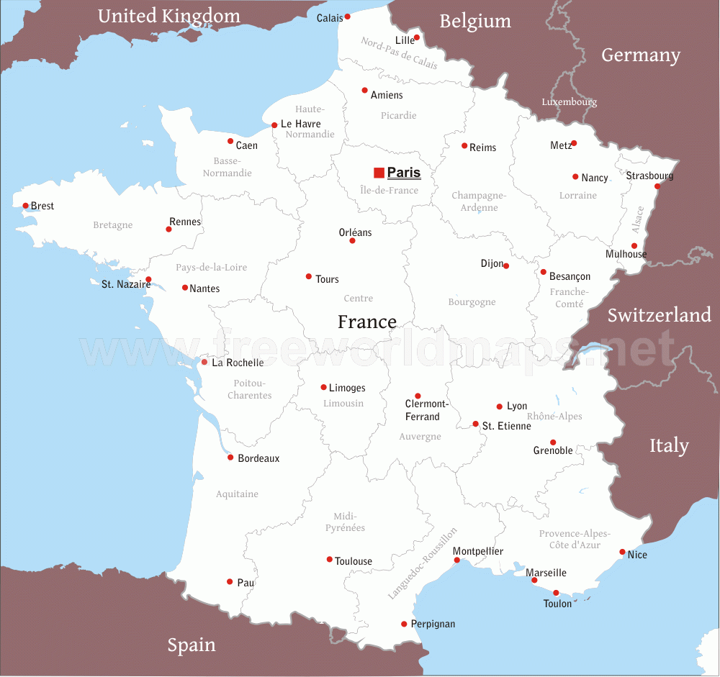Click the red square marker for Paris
pos(379,173)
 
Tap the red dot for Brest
pos(26,206)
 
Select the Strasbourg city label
pos(649,176)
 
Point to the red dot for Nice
pos(623,552)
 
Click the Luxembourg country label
pos(570,102)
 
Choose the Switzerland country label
pos(659,315)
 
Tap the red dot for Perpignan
pos(404,624)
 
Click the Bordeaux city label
pos(258,458)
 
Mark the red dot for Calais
pos(347,17)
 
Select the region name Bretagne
pos(113,225)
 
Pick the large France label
pos(367,322)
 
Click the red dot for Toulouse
pos(330,559)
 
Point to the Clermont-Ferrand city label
pos(426,410)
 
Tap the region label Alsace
pos(638,219)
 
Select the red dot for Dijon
pos(506,265)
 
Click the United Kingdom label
pos(169,16)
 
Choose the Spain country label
pos(192,645)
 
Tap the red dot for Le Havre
pos(274,125)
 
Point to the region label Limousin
pos(343,404)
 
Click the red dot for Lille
pos(417,37)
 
